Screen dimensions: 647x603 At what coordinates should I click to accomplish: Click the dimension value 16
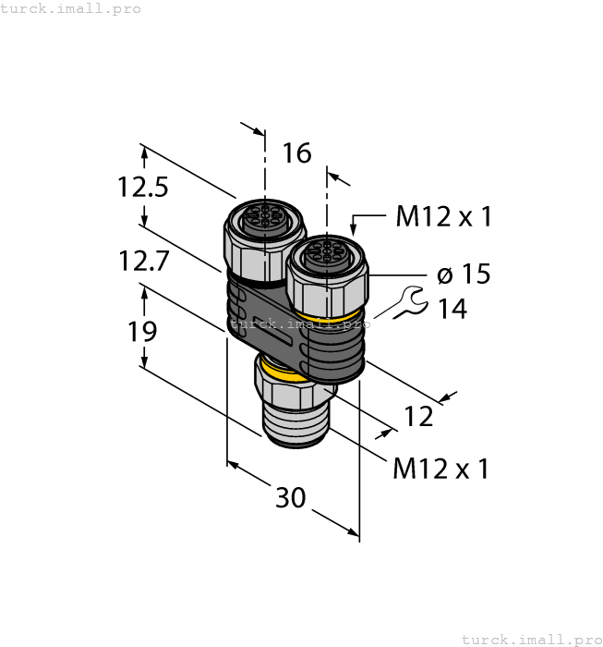296,153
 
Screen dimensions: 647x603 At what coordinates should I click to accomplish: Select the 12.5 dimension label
142,188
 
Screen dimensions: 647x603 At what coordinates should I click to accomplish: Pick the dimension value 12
418,417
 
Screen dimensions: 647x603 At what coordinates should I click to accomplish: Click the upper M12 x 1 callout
443,217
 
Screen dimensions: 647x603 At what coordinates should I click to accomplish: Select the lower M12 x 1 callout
440,469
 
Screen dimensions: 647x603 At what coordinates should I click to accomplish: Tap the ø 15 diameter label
463,275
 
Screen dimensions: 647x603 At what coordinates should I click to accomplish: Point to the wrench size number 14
452,309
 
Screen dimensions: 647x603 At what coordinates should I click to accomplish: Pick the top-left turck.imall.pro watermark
71,8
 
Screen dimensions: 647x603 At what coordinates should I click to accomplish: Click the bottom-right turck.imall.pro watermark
530,639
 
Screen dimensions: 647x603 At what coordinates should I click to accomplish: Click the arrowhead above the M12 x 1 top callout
354,225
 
